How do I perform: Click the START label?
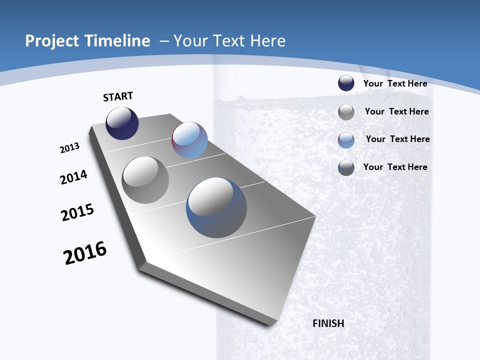click(118, 96)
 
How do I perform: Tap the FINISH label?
click(328, 323)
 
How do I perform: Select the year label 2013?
click(70, 148)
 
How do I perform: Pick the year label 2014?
click(74, 177)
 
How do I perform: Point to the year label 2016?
click(85, 253)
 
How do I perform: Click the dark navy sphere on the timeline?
click(122, 123)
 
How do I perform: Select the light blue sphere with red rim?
click(189, 140)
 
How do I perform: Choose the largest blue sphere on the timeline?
click(216, 207)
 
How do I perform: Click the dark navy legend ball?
click(346, 83)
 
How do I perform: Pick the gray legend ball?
click(346, 112)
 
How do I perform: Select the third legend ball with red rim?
click(346, 140)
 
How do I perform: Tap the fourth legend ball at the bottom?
click(346, 167)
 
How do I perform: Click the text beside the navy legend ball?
click(395, 83)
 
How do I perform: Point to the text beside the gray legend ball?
click(396, 111)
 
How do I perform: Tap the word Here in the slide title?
click(268, 41)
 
